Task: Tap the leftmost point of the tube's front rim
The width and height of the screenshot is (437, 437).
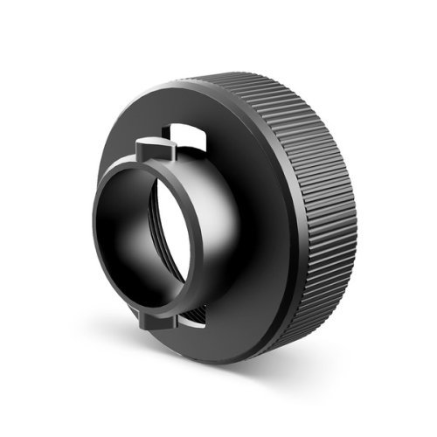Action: (x=94, y=232)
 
